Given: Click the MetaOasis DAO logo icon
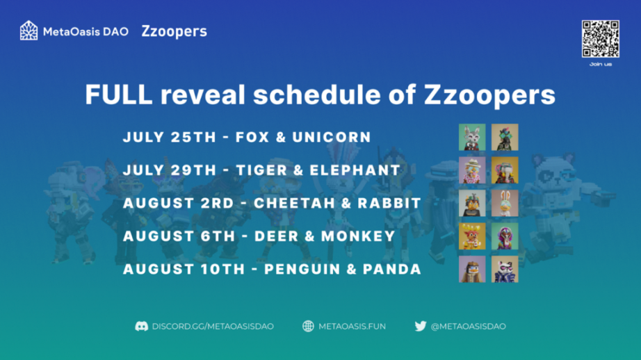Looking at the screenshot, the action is (29, 31).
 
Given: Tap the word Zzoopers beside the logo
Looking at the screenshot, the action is (174, 31).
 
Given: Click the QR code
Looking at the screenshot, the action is (600, 39).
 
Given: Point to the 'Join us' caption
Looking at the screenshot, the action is (601, 64).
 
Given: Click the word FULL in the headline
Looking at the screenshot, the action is (119, 95).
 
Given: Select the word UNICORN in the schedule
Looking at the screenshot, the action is (332, 138).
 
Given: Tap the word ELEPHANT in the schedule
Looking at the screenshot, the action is (355, 170).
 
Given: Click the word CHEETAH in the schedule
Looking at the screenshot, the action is (293, 203).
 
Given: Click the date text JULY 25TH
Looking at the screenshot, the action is (169, 138).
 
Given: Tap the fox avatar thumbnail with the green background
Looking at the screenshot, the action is (472, 138).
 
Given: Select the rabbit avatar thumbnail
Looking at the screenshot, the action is (505, 203).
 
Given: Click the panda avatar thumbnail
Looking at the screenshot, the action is (505, 269).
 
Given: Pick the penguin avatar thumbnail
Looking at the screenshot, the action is (472, 269).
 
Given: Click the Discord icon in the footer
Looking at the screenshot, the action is (141, 326).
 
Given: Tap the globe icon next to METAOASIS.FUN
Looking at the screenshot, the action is (308, 326).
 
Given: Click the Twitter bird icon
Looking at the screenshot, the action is (420, 326).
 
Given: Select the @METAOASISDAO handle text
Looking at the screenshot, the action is (469, 327).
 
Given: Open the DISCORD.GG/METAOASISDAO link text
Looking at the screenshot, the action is (213, 327).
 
